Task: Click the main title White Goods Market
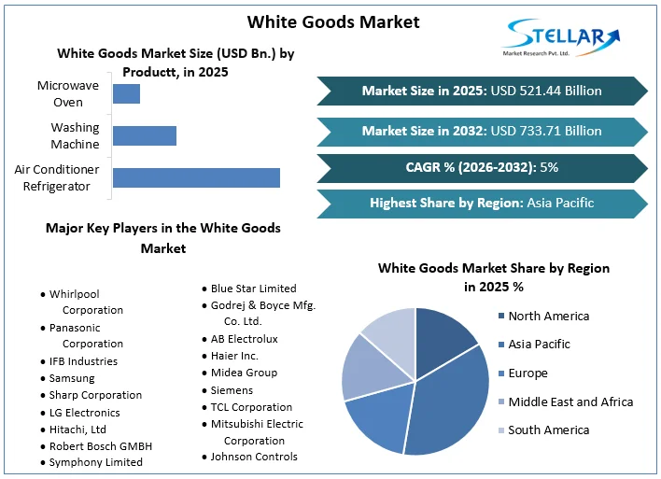click(333, 21)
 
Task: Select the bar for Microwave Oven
click(126, 93)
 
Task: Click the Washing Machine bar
click(144, 135)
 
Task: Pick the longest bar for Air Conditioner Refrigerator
click(196, 177)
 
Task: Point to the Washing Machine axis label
click(75, 135)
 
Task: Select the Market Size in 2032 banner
click(482, 131)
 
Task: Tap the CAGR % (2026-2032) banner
click(482, 167)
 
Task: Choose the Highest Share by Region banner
click(482, 203)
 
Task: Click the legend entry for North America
click(548, 317)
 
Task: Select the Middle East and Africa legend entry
click(570, 402)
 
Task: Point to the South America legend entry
click(548, 430)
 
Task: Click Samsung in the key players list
click(72, 378)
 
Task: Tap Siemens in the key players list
click(232, 390)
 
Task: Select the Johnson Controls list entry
click(254, 457)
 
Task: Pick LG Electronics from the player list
click(84, 413)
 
